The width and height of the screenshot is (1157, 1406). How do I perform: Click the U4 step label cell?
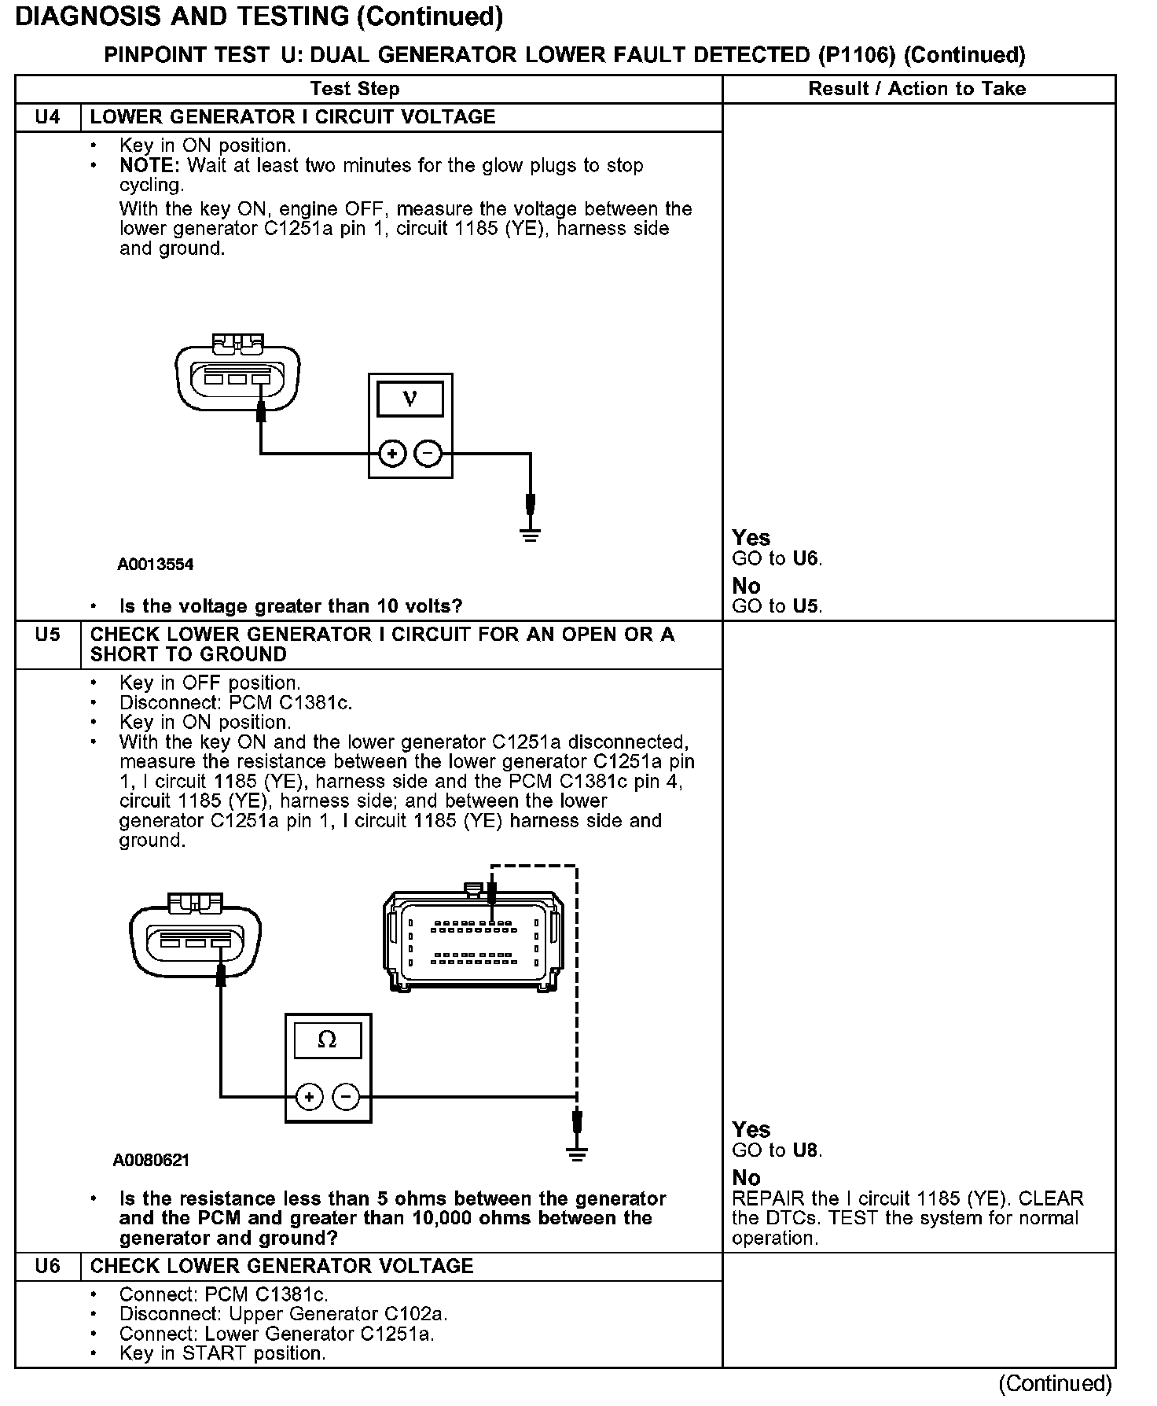pyautogui.click(x=48, y=117)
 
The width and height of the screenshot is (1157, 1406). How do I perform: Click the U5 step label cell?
pyautogui.click(x=48, y=635)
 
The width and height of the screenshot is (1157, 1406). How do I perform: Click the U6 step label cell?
pyautogui.click(x=48, y=1266)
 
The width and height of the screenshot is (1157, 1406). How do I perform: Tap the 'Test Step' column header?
pyautogui.click(x=354, y=89)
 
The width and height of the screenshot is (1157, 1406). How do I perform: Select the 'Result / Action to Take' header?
pyautogui.click(x=917, y=89)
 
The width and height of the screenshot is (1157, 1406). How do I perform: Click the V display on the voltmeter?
pyautogui.click(x=410, y=399)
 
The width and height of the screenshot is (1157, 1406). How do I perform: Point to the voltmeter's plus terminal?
pyautogui.click(x=392, y=454)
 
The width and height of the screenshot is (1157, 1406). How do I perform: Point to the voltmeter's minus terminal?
pyautogui.click(x=428, y=454)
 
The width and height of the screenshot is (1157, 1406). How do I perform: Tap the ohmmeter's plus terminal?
pyautogui.click(x=310, y=1097)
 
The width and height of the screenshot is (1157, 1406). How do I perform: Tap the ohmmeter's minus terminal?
pyautogui.click(x=346, y=1097)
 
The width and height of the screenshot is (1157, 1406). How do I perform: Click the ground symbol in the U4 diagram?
pyautogui.click(x=531, y=535)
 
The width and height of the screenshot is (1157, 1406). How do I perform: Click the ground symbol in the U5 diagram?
pyautogui.click(x=577, y=1154)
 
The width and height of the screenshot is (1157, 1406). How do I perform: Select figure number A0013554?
pyautogui.click(x=156, y=565)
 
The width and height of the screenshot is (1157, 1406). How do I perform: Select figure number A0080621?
pyautogui.click(x=152, y=1160)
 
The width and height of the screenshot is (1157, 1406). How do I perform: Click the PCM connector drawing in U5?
pyautogui.click(x=473, y=941)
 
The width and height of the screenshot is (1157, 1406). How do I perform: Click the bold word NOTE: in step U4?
pyautogui.click(x=150, y=166)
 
